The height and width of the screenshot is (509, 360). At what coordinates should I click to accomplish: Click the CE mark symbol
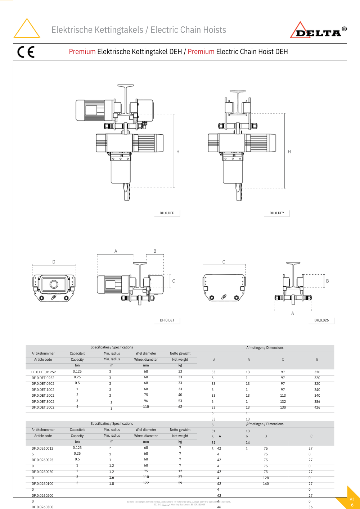(x=26, y=52)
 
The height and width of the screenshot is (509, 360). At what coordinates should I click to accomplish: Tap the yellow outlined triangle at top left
(x=27, y=28)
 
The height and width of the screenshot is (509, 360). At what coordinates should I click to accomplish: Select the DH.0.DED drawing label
(x=167, y=213)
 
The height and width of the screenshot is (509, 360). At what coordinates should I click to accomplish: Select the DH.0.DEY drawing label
(x=277, y=213)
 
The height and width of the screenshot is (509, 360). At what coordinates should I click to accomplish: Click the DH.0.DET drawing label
(x=167, y=320)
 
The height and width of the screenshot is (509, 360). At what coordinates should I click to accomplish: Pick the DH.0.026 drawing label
(x=321, y=320)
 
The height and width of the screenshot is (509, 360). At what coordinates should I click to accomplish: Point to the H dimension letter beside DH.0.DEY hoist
(x=289, y=152)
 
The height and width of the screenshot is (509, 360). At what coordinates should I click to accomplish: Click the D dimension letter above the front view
(x=54, y=262)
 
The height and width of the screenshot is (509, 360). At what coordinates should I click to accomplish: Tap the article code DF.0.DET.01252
(x=44, y=372)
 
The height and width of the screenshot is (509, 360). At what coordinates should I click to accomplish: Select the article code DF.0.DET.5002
(x=43, y=407)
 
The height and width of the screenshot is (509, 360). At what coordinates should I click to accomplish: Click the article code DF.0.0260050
(x=42, y=472)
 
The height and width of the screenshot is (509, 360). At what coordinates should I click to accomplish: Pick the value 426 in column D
(x=317, y=407)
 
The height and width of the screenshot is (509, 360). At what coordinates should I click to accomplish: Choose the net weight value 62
(x=180, y=407)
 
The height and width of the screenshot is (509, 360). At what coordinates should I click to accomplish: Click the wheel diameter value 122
(x=146, y=483)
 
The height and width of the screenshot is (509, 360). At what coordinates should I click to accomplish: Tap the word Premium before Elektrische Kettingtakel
(x=82, y=52)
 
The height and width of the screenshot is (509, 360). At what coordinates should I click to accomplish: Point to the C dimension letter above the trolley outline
(x=224, y=262)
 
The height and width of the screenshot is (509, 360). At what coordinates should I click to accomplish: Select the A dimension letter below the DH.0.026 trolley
(x=293, y=314)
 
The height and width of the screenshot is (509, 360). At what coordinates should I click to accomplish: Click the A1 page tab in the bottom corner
(x=352, y=500)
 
